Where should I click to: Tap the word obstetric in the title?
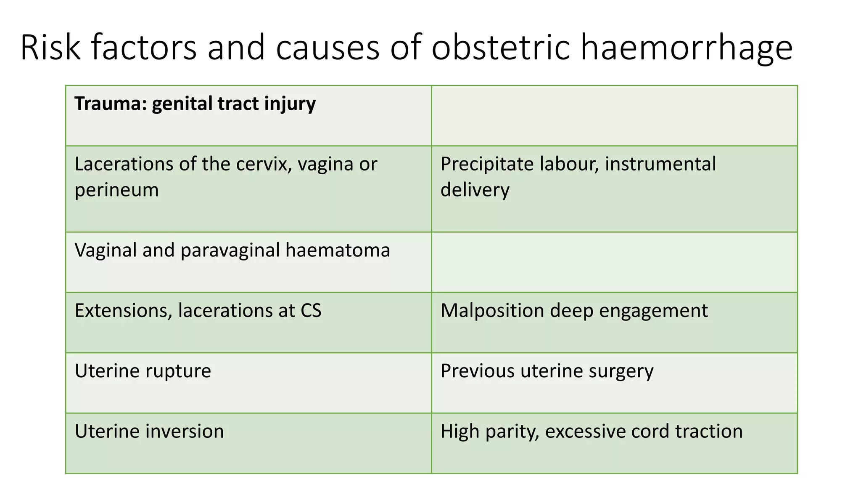point(500,47)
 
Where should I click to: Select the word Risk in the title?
point(50,47)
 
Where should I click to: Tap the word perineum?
point(116,190)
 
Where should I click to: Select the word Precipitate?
point(487,164)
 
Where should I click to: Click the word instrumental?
point(660,164)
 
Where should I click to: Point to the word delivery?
point(475,190)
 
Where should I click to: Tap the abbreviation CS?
point(311,311)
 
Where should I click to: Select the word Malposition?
point(492,311)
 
